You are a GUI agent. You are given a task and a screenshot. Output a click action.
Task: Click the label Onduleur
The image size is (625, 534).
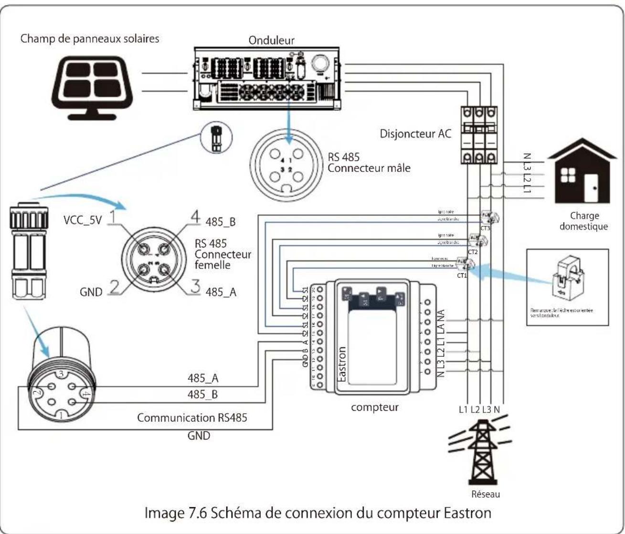[271, 40]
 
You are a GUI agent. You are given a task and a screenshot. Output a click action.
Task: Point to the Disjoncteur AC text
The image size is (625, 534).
[415, 133]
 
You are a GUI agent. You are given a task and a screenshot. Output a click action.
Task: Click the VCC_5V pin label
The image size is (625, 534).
[83, 220]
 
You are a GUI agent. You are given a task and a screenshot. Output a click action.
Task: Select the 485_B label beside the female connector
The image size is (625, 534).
[220, 222]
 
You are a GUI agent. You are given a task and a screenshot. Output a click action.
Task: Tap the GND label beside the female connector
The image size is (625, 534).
[91, 292]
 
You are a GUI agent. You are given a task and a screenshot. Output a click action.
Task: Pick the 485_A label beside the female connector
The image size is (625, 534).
[221, 292]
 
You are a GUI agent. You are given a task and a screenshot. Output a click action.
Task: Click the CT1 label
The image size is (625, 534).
[462, 276]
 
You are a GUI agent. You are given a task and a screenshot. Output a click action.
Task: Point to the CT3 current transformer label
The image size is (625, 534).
[485, 228]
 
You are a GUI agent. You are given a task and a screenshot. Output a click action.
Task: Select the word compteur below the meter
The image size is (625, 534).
[374, 407]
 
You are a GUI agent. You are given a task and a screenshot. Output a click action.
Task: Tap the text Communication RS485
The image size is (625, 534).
[192, 417]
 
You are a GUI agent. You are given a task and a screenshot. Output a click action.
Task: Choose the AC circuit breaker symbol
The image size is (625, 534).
[478, 136]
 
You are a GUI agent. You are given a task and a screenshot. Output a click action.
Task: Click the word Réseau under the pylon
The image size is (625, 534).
[486, 494]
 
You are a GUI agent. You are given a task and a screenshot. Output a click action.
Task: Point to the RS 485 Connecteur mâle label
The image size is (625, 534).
[369, 162]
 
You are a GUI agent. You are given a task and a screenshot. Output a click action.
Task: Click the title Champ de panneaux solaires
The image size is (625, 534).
[90, 38]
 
